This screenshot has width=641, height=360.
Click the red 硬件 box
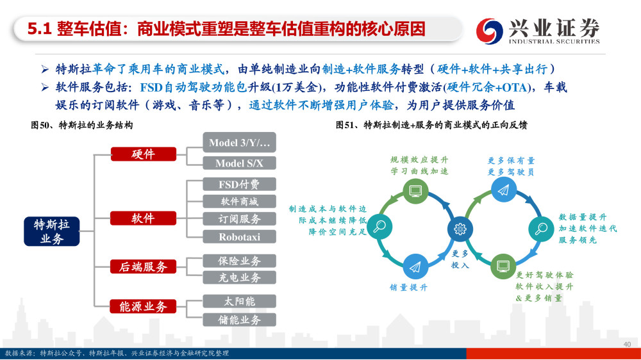click(143, 154)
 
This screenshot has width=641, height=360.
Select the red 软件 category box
click(143, 218)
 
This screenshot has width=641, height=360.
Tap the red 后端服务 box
click(143, 266)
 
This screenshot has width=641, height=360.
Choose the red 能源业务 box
click(143, 306)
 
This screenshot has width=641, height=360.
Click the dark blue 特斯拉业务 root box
click(51, 231)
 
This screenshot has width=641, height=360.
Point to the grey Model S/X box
click(239, 163)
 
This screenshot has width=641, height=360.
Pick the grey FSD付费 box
click(239, 184)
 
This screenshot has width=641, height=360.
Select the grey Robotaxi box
click(239, 236)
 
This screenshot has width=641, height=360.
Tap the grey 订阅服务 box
click(239, 218)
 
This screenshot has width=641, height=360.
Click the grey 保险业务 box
click(239, 261)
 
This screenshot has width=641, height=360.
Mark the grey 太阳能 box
click(239, 301)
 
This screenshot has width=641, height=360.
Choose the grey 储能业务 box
click(239, 320)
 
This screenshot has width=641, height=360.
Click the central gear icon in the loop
click(460, 229)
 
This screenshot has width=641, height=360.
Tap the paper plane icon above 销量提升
click(415, 267)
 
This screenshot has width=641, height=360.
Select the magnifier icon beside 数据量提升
click(541, 229)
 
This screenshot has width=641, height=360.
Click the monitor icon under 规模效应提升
click(416, 191)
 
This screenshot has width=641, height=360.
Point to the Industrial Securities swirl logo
click(489, 31)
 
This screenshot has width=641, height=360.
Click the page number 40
click(627, 345)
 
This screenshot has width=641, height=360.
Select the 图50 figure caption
click(82, 125)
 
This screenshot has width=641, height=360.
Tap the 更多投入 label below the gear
click(460, 259)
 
